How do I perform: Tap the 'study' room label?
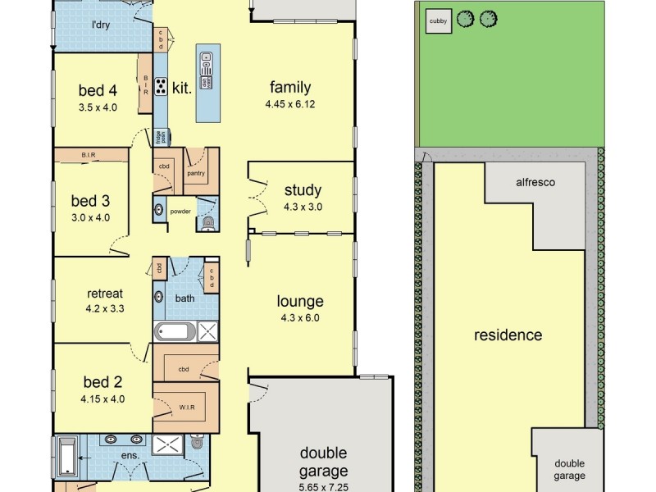point(303,191)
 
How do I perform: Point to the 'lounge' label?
point(299,301)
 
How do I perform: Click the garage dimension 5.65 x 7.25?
point(323,486)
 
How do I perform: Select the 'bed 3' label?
point(90,201)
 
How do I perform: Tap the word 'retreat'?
point(105,294)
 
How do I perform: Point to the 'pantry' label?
point(196,174)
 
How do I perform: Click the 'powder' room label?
point(180,211)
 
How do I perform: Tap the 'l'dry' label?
point(102,25)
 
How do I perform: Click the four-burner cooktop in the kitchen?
point(161,85)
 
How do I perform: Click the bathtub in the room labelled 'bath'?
point(175,332)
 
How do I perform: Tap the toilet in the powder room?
point(207,221)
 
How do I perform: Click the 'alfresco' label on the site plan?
point(535,182)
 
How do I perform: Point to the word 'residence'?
point(508,335)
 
